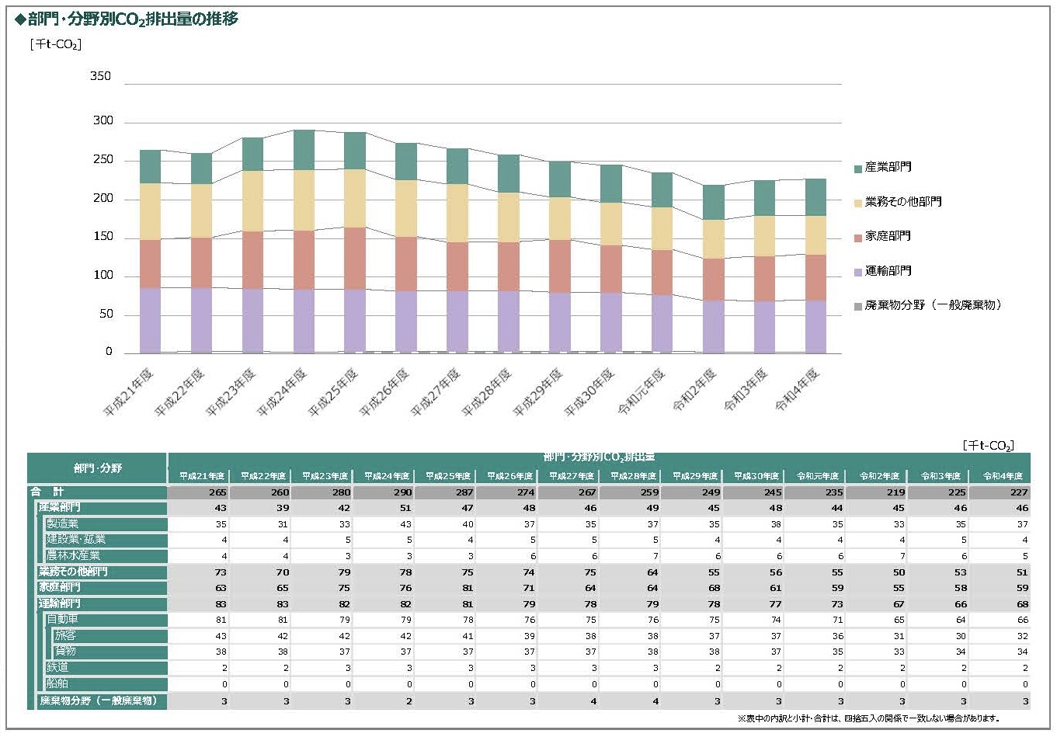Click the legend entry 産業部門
click(x=888, y=167)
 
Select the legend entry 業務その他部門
click(x=902, y=202)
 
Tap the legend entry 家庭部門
click(x=888, y=236)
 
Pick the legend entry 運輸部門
click(x=888, y=271)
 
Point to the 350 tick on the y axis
click(x=101, y=76)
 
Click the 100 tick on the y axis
click(x=103, y=275)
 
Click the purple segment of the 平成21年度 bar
click(x=150, y=320)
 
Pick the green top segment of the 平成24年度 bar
click(x=304, y=150)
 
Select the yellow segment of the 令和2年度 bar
click(x=714, y=239)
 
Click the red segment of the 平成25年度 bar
click(x=355, y=258)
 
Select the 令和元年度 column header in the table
click(x=817, y=476)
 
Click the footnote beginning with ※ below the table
click(x=868, y=718)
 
